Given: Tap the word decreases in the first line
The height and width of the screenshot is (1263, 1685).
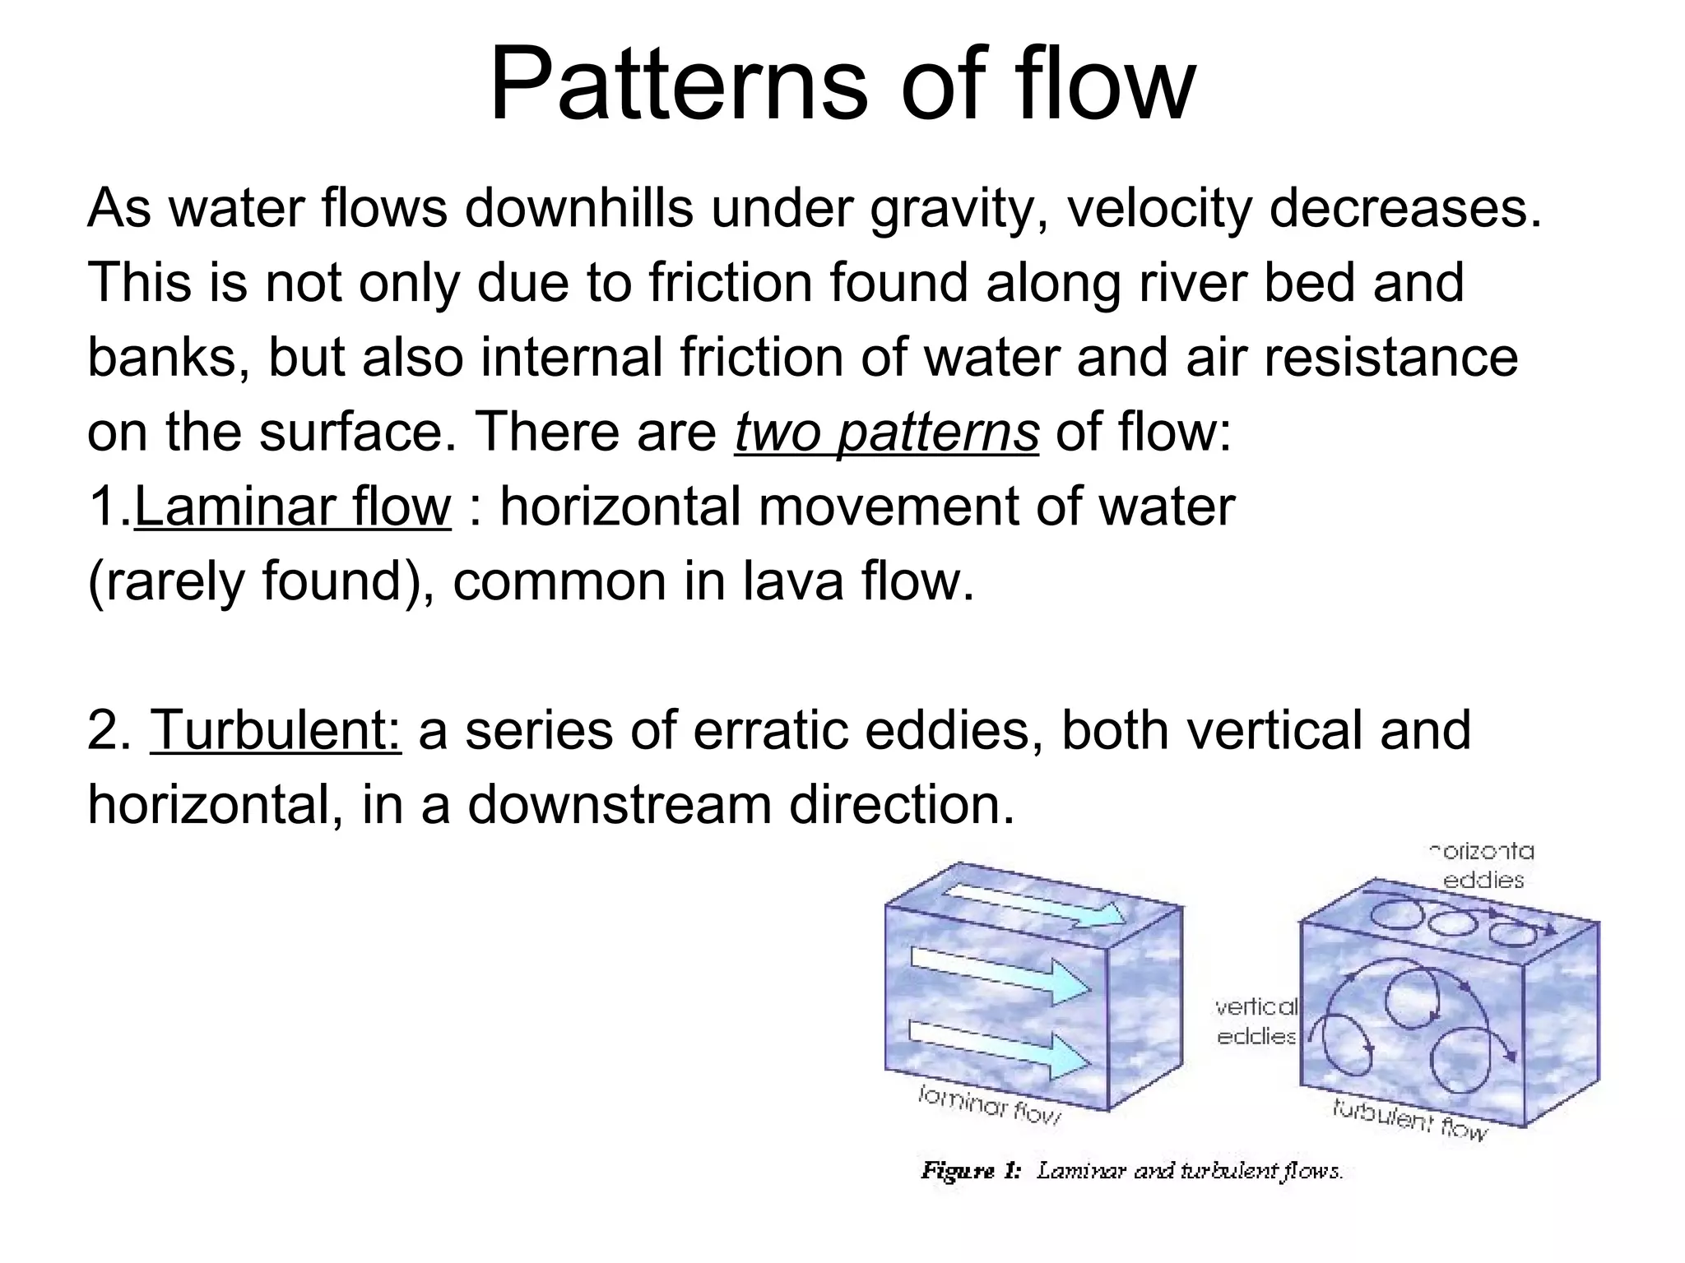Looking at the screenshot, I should click(x=1404, y=209).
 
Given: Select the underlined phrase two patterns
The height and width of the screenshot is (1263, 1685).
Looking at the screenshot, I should click(x=886, y=432).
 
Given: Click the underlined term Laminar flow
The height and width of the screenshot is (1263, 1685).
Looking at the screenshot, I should click(x=292, y=507).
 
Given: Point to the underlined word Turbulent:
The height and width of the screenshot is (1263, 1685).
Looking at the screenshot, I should click(x=276, y=730).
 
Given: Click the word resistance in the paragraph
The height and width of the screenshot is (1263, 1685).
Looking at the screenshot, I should click(x=1390, y=358).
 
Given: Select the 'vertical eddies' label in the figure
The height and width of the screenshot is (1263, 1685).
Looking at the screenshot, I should click(x=1256, y=1021).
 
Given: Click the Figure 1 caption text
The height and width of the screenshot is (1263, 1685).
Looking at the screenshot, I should click(x=1131, y=1170).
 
